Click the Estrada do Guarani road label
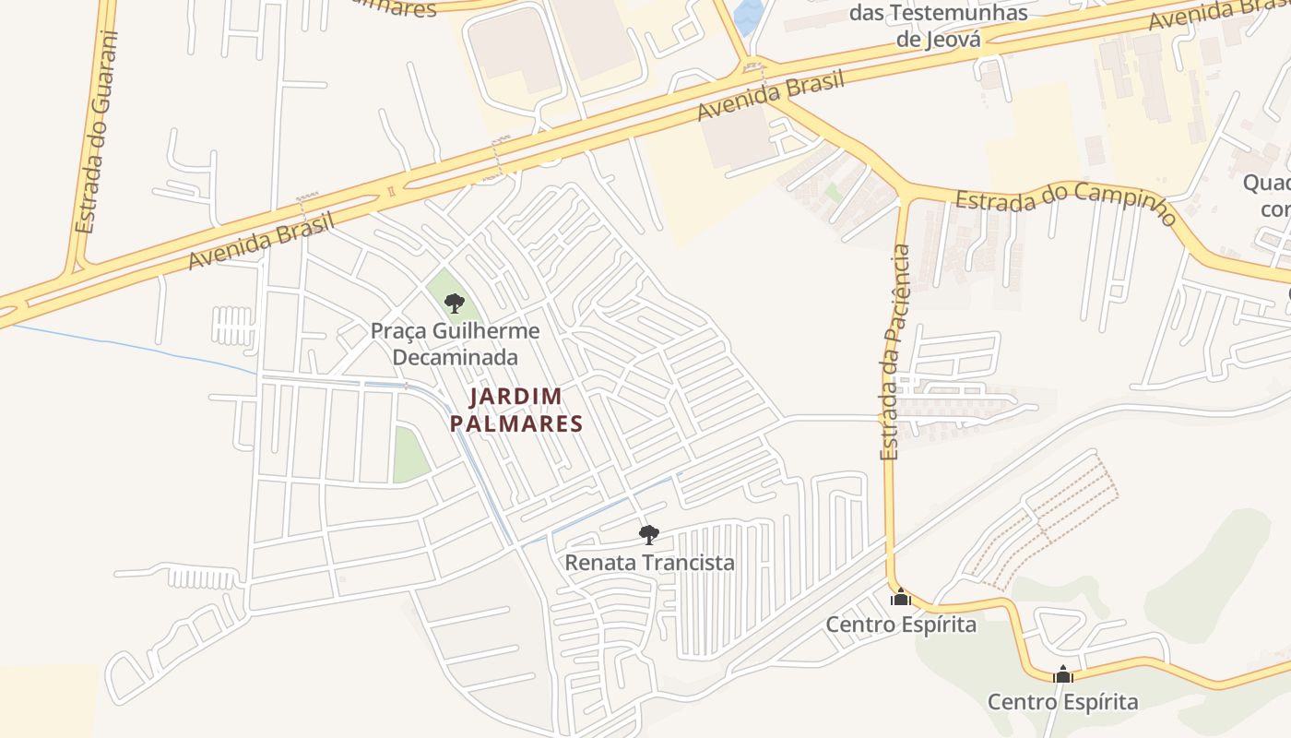click(x=96, y=133)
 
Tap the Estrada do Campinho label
click(x=1065, y=207)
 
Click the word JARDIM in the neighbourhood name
click(x=515, y=397)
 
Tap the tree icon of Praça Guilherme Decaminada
click(x=454, y=303)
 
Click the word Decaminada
click(x=456, y=357)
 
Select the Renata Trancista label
click(x=649, y=562)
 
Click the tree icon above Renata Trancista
click(x=649, y=534)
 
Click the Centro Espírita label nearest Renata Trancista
click(x=900, y=625)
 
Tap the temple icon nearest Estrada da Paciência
click(x=900, y=598)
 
